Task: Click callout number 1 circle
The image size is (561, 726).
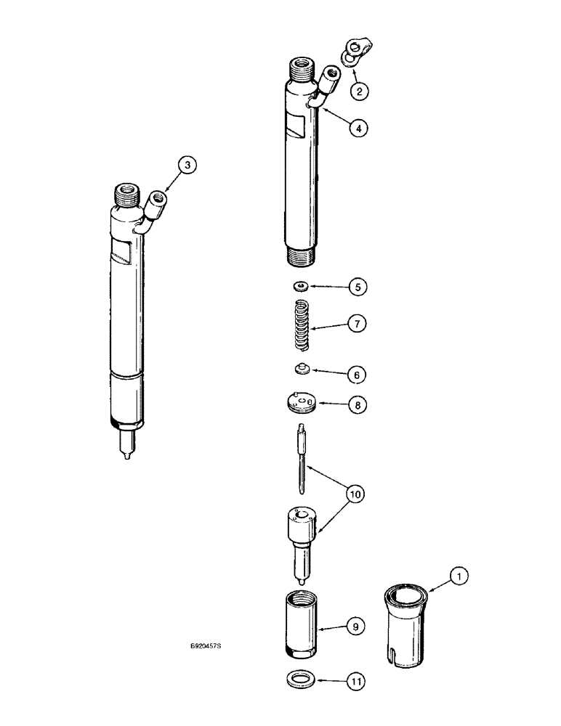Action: click(457, 578)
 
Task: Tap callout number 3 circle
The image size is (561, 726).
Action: click(187, 166)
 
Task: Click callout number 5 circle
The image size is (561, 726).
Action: click(357, 286)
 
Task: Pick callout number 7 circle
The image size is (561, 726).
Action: click(357, 324)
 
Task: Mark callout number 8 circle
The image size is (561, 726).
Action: click(357, 404)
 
